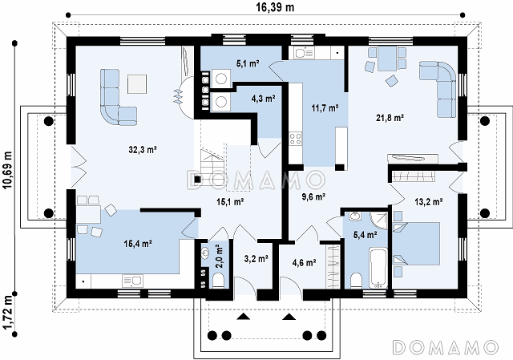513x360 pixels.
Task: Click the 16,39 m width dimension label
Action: tap(275, 7)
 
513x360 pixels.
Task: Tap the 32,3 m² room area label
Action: tap(143, 150)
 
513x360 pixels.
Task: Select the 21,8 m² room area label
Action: tap(390, 118)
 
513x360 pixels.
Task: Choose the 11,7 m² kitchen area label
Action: tap(325, 107)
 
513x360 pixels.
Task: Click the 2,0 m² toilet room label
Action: tap(219, 257)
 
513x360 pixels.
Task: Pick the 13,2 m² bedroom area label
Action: tap(429, 202)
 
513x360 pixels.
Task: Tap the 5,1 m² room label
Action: tap(248, 63)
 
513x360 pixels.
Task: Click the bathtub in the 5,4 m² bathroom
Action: tap(378, 268)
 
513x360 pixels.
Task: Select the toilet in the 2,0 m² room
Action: tap(218, 281)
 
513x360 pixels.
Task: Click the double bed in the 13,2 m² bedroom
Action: tap(416, 244)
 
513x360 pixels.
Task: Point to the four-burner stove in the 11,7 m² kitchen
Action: tap(296, 139)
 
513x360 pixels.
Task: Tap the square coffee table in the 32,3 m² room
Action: tap(137, 84)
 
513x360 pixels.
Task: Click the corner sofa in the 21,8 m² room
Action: tap(438, 87)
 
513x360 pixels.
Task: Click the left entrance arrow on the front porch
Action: tap(242, 317)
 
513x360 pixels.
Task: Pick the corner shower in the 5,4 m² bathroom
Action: tap(379, 220)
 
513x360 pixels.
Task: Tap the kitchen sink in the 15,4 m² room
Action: tap(132, 281)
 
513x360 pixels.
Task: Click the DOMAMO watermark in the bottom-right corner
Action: tap(446, 347)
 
